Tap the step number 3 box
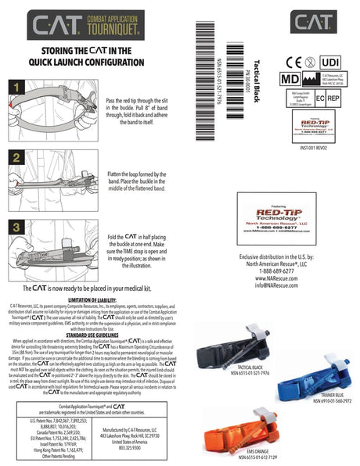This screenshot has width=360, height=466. point(18,228)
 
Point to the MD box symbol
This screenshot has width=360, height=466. point(289,78)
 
